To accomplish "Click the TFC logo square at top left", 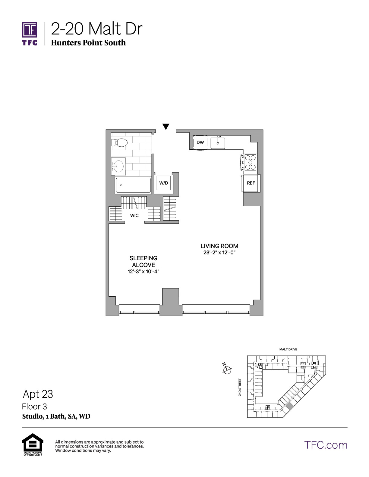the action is coord(30,30).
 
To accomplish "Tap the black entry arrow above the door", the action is coord(166,126).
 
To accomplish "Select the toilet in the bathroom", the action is coord(119,143).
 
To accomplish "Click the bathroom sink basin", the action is coord(119,166).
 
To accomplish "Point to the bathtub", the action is coord(133,185).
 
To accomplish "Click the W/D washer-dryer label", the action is coord(163,183).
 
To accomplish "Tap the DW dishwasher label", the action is coord(200,142).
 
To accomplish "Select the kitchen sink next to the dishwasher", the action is coord(218,143).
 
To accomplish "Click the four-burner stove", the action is coord(249,162).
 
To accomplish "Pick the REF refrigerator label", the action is coord(251,183).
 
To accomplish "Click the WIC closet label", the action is coord(134,216).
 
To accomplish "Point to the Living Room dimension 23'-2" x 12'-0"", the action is coord(219,252).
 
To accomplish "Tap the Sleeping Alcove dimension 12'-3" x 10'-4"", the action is coord(143,271).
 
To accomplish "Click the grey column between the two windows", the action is coord(171,302).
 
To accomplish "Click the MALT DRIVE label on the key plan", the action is coord(288,349).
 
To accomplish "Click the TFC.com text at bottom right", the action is coord(326,445).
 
